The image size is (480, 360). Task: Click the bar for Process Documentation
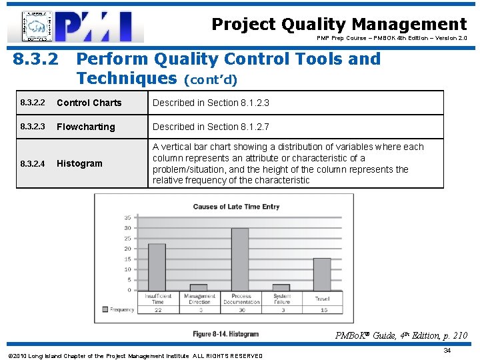point(240,259)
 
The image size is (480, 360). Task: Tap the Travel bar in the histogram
point(322,274)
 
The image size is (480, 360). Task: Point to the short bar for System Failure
point(281,287)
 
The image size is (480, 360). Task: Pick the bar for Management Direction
point(199,287)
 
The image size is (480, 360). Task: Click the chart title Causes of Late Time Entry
point(236,207)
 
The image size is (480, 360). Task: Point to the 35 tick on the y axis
point(127,217)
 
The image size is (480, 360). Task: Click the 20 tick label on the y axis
point(127,249)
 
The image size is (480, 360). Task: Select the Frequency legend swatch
point(105,309)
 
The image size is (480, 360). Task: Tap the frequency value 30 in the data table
point(241,310)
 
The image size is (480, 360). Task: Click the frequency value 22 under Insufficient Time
point(157,310)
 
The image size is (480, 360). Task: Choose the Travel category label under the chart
point(323,299)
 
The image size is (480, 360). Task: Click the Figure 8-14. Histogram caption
point(225,334)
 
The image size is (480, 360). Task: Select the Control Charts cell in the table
point(89,103)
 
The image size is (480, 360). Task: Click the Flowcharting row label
point(85,127)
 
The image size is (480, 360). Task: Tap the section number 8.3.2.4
point(33,164)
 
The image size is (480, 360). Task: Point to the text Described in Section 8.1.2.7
point(211,127)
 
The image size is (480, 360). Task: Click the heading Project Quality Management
point(339,25)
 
